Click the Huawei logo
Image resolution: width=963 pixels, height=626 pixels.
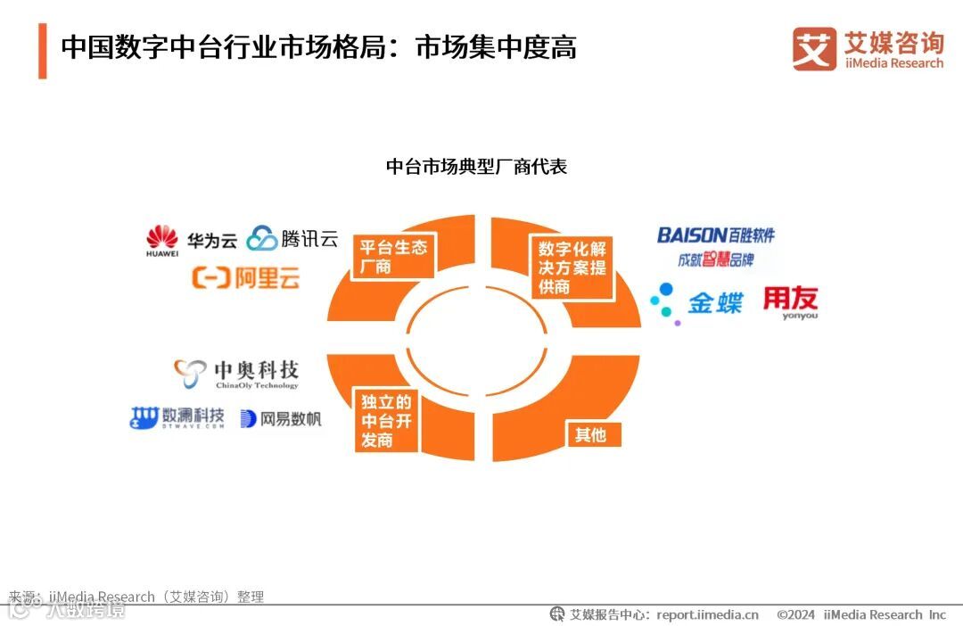pos(162,241)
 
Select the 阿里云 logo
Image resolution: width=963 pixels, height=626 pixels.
pos(245,278)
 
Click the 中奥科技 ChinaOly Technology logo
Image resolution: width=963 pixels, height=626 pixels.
pos(236,374)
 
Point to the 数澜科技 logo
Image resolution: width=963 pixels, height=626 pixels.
pos(177,418)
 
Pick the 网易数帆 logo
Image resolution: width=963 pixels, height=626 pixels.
pos(280,419)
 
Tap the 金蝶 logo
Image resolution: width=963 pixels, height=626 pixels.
pos(696,302)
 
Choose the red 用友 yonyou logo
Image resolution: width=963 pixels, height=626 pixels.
pos(790,302)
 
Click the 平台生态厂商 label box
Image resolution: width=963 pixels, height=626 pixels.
pos(392,256)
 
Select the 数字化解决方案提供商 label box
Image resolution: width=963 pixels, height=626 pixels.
pos(572,267)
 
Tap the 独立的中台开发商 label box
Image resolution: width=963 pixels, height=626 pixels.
pos(387,420)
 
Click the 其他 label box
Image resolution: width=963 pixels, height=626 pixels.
pos(590,434)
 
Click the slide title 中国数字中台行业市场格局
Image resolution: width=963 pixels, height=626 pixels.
pos(318,47)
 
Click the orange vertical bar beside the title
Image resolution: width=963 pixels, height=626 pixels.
pos(42,51)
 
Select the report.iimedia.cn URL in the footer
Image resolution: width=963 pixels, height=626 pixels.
pos(707,614)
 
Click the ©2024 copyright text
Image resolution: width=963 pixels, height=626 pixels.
pos(795,614)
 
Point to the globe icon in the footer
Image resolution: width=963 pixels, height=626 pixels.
pos(557,614)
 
